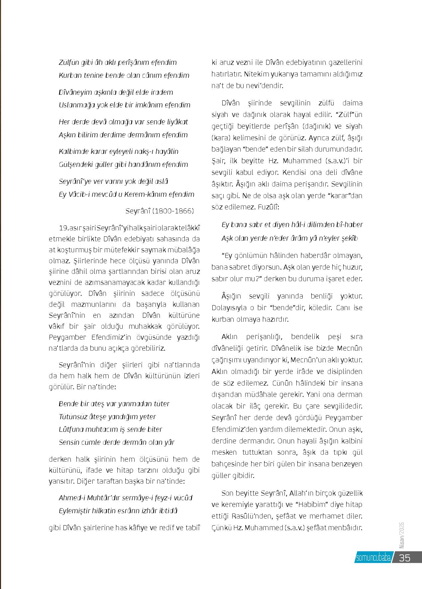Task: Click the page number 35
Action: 405,557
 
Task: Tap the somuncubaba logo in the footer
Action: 373,558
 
